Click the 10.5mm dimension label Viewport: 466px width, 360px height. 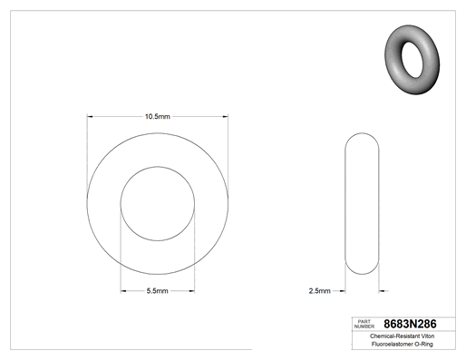(158, 116)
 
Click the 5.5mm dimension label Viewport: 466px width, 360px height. (157, 291)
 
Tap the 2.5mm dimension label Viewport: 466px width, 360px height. (319, 291)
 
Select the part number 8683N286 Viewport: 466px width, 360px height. (410, 324)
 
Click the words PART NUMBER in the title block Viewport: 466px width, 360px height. (364, 324)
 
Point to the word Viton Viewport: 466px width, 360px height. (428, 336)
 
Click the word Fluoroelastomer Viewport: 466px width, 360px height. (392, 344)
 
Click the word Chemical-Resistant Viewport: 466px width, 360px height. (394, 336)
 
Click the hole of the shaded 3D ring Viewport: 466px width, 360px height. (412, 60)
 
